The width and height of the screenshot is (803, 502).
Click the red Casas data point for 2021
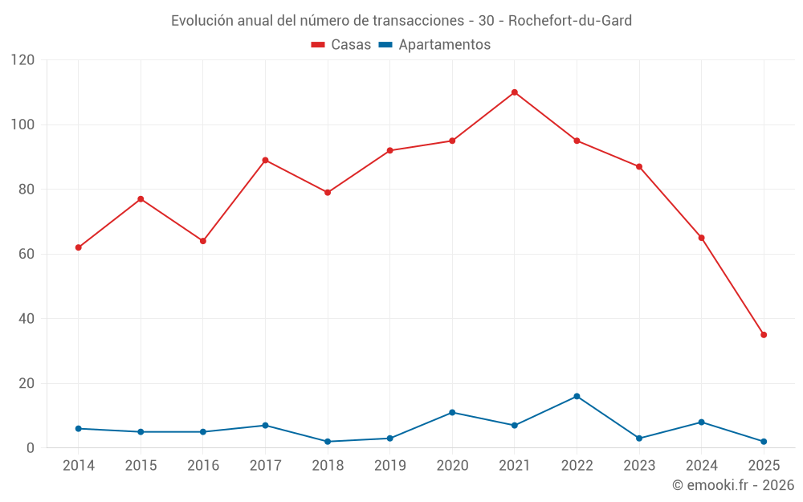click(x=515, y=92)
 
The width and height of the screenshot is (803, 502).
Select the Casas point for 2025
click(x=764, y=335)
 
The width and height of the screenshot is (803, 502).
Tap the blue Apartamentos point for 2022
click(x=577, y=396)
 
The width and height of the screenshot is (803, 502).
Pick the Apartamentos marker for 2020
click(x=452, y=413)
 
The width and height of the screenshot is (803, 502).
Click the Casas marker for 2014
click(x=78, y=247)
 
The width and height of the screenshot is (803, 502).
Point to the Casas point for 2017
click(x=265, y=160)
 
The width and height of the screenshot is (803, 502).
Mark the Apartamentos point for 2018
click(x=328, y=442)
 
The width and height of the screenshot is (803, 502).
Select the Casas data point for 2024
click(x=701, y=238)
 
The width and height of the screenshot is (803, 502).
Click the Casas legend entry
click(x=341, y=45)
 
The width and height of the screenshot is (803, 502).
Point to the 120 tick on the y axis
click(x=23, y=60)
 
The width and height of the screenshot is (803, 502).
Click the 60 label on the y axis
click(x=27, y=254)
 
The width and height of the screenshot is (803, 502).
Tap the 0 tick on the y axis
click(x=31, y=448)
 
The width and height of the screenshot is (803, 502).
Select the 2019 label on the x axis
click(x=389, y=466)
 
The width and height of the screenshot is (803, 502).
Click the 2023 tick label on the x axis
click(x=639, y=466)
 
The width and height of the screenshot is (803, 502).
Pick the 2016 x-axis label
click(x=202, y=466)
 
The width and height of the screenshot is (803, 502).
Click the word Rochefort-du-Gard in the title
click(x=571, y=20)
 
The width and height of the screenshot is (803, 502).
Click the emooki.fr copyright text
click(x=733, y=485)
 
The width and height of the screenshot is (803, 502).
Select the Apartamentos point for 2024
click(x=701, y=422)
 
